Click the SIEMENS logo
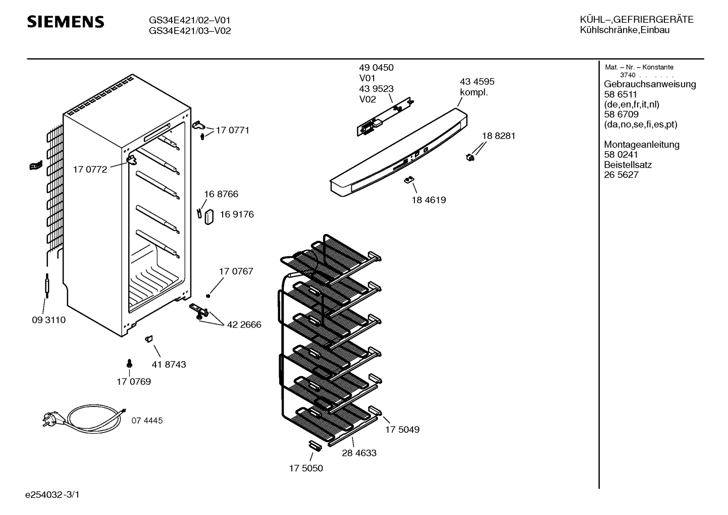tap(65, 22)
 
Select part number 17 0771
tap(232, 130)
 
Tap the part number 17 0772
tap(90, 170)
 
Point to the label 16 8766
tap(221, 194)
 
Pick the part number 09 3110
tap(48, 320)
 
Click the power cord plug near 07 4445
tap(49, 418)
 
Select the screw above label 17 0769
tap(129, 363)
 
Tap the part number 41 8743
tap(169, 364)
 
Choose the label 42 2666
tap(244, 325)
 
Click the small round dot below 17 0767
tap(208, 296)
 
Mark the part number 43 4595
tap(477, 82)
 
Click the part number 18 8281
tap(498, 136)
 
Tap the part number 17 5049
tap(402, 430)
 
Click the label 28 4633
tap(359, 453)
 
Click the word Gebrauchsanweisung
tap(650, 84)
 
